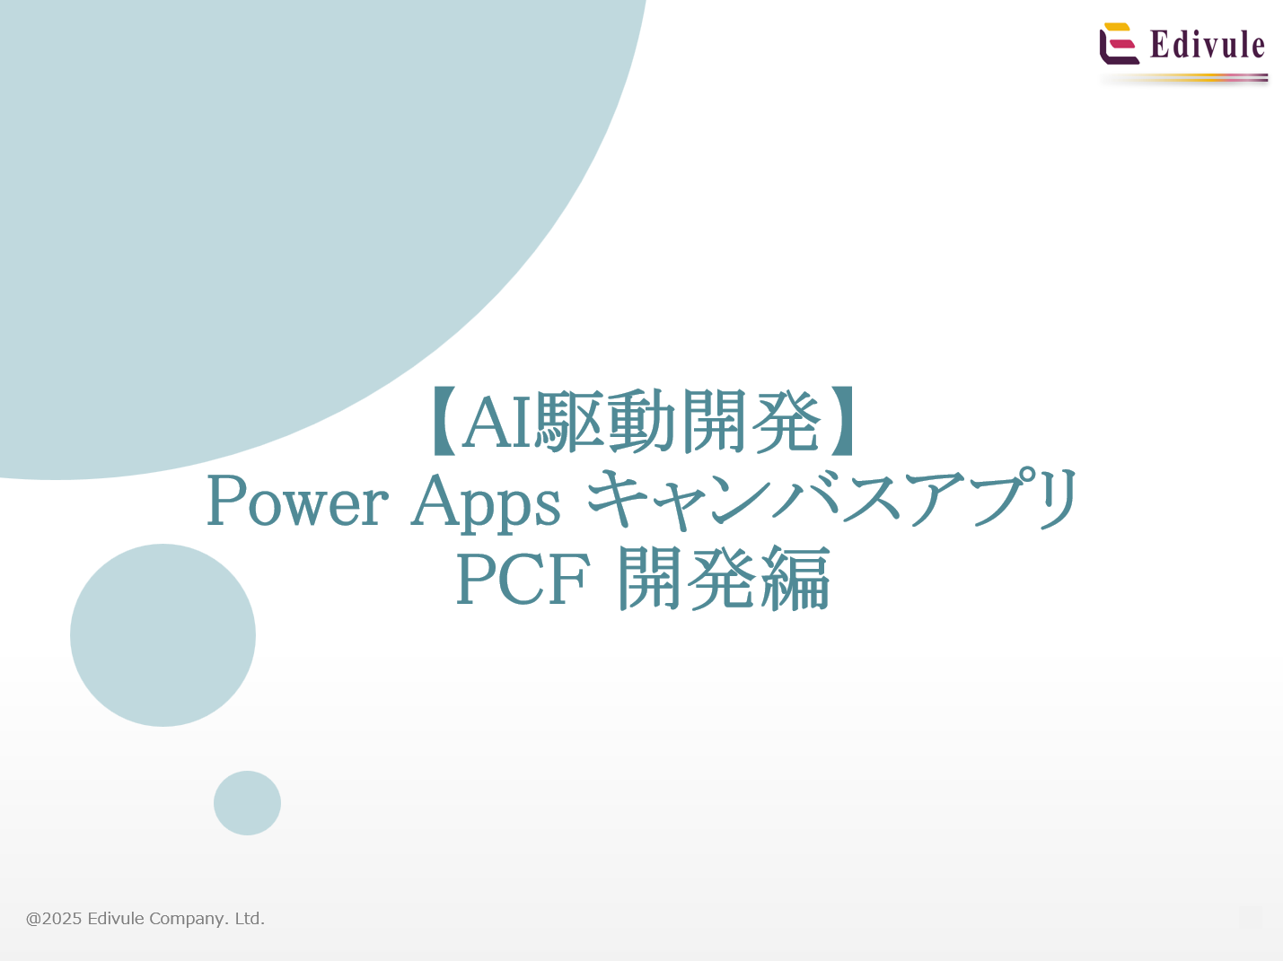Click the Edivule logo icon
click(1119, 44)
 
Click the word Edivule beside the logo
click(1207, 45)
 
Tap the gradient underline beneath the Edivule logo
click(1185, 79)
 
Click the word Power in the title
click(297, 502)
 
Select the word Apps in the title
click(486, 502)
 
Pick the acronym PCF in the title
click(523, 580)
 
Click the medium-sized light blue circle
click(163, 635)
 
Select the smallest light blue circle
click(247, 803)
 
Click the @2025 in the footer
click(54, 919)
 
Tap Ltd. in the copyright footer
click(250, 919)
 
